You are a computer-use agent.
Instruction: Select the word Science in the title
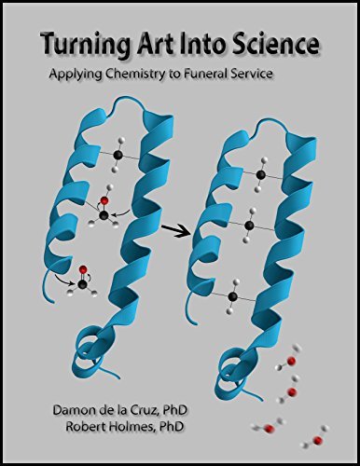(276, 44)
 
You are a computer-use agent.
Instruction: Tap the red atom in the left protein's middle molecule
(104, 199)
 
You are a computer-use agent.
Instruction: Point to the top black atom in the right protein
(261, 174)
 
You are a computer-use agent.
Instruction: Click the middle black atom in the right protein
(251, 225)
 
